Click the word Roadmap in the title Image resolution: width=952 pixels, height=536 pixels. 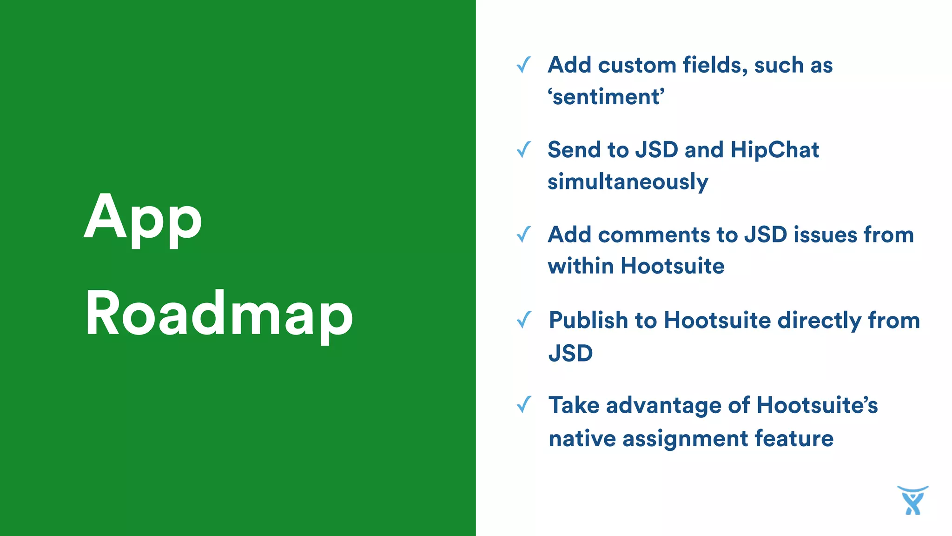click(219, 314)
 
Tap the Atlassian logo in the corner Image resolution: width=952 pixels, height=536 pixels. click(912, 500)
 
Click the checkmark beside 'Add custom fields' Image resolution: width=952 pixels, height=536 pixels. click(524, 65)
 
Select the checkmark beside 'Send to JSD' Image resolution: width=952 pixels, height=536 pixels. click(524, 150)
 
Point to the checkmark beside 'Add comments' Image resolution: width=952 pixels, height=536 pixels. click(524, 234)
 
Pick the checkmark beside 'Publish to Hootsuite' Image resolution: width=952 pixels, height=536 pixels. click(524, 320)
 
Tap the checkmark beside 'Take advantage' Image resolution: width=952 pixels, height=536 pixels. click(524, 405)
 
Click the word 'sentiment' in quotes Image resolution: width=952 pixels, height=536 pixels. click(606, 97)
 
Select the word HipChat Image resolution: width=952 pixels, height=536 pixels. click(774, 150)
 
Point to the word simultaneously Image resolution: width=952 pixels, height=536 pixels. click(628, 182)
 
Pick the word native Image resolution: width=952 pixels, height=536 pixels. click(582, 439)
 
